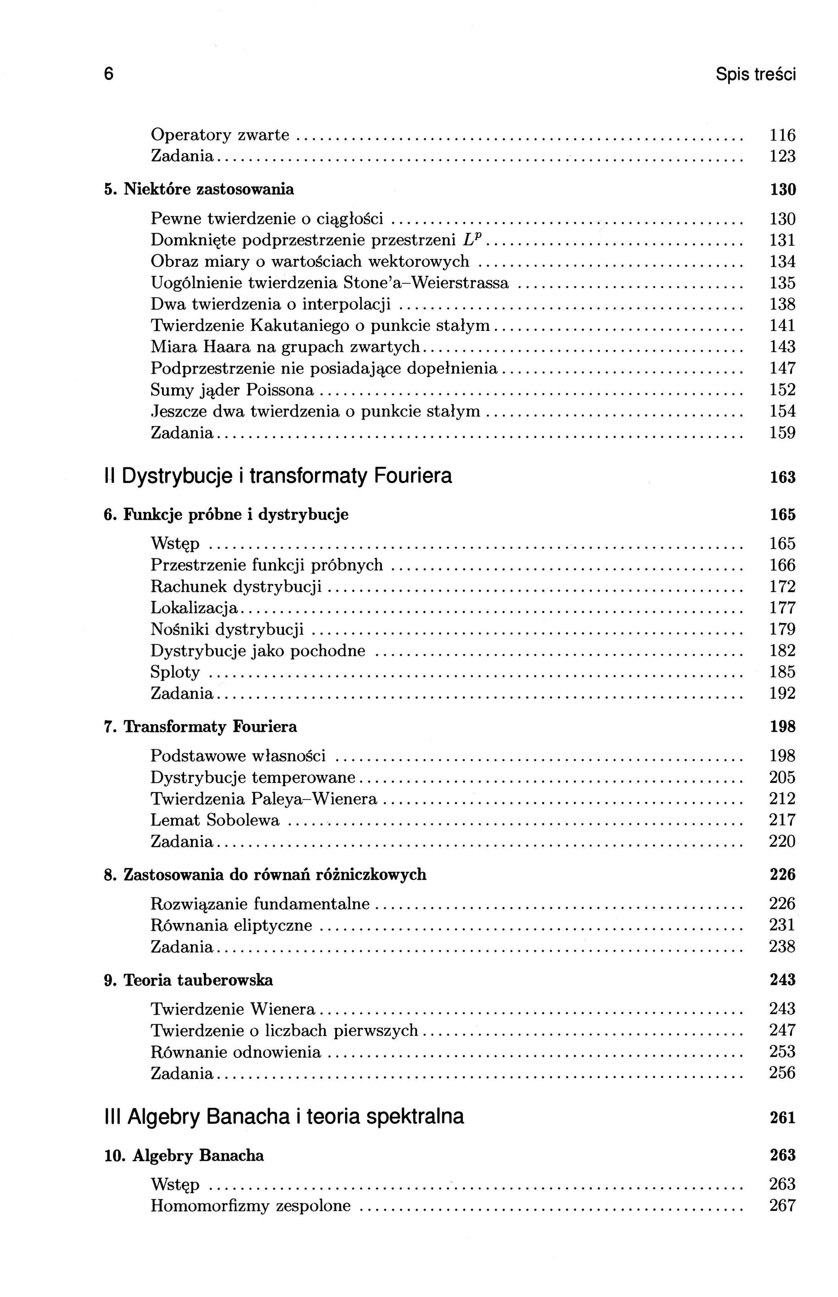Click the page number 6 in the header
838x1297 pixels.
pyautogui.click(x=109, y=74)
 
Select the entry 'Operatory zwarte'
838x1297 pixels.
pyautogui.click(x=220, y=135)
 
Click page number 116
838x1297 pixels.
pyautogui.click(x=782, y=135)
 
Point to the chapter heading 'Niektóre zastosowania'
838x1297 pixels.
pyautogui.click(x=209, y=189)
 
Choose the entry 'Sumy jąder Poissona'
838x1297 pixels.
pyautogui.click(x=232, y=390)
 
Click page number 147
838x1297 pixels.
pyautogui.click(x=782, y=368)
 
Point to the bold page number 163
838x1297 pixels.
pyautogui.click(x=782, y=478)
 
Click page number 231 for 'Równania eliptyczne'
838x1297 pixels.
pyautogui.click(x=782, y=925)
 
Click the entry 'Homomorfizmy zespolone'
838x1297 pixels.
pyautogui.click(x=250, y=1206)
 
